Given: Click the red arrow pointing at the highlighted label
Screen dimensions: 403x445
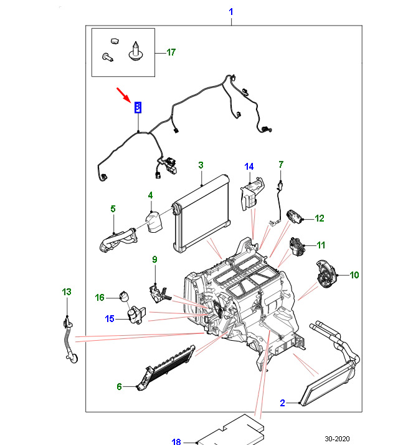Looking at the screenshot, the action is (x=124, y=95).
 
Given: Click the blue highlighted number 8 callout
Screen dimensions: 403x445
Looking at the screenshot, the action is (x=138, y=107).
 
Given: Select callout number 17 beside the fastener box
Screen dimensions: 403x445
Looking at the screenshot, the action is (x=171, y=52).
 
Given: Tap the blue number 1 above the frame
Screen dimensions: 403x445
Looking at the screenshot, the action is (x=231, y=12).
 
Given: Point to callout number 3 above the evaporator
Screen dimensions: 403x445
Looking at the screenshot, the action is (x=201, y=165).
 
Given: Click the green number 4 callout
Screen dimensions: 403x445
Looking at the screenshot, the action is (x=150, y=195).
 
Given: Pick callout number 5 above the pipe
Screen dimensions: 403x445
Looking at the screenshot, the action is (x=113, y=209).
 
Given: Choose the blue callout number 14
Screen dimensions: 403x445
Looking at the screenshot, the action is (x=249, y=167).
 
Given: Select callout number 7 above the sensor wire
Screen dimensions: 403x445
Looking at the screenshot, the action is (x=281, y=165).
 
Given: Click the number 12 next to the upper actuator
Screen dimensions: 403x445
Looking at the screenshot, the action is (x=320, y=218).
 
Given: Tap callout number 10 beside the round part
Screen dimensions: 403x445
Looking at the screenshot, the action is (x=354, y=275).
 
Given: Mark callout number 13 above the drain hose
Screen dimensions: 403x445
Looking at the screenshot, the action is (x=67, y=292).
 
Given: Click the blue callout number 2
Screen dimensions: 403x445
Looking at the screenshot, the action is (x=282, y=403).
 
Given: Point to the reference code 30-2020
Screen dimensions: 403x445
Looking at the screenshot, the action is (x=337, y=439).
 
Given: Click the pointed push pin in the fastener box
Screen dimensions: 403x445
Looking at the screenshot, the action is (x=136, y=51).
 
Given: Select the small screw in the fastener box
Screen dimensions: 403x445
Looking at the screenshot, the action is (x=108, y=57).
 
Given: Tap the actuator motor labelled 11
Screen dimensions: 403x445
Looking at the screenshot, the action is (x=297, y=247).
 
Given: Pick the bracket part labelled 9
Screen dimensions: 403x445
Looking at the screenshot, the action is (x=159, y=295).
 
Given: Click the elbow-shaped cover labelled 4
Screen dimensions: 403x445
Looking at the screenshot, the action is (x=154, y=222).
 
